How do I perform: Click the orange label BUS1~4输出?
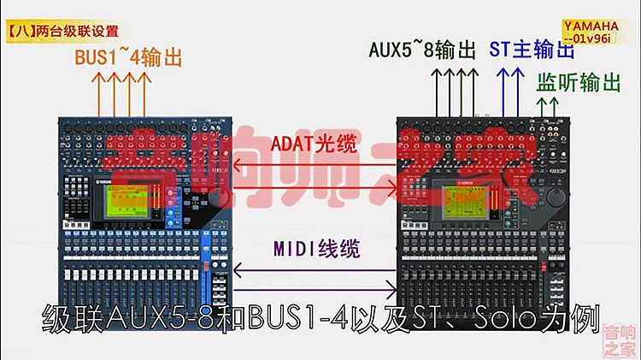pos(127,59)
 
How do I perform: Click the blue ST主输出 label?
pos(532,49)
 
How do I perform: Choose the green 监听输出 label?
pos(578,83)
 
